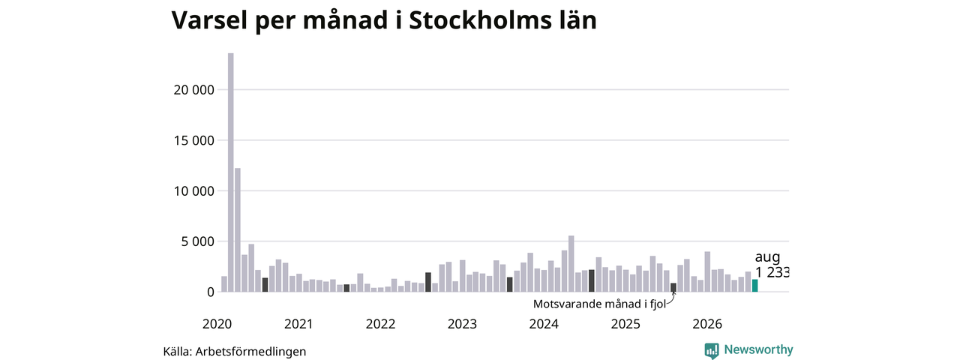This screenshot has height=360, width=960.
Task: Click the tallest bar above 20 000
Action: [230, 172]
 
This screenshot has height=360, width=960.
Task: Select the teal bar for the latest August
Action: [754, 286]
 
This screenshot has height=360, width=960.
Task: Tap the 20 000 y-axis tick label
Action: [193, 90]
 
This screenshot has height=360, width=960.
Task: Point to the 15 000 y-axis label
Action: [193, 140]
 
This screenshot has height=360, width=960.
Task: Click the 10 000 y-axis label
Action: [193, 191]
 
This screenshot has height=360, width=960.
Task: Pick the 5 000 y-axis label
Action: [197, 241]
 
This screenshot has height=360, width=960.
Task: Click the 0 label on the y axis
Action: [211, 292]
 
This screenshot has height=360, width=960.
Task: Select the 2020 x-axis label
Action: [217, 324]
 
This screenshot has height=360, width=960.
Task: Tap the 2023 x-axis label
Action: [462, 324]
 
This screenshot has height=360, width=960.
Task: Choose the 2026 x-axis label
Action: [707, 324]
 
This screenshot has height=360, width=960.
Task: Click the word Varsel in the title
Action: [209, 20]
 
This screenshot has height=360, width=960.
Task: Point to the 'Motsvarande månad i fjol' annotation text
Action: [599, 304]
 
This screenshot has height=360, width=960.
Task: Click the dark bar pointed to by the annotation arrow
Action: [673, 287]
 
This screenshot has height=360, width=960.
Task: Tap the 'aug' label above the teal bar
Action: [767, 257]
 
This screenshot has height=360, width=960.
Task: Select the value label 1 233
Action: [772, 272]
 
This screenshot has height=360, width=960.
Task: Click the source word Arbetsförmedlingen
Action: [250, 352]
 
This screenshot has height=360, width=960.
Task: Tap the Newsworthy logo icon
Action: [712, 350]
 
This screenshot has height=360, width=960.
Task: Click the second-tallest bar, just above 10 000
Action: [238, 230]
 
